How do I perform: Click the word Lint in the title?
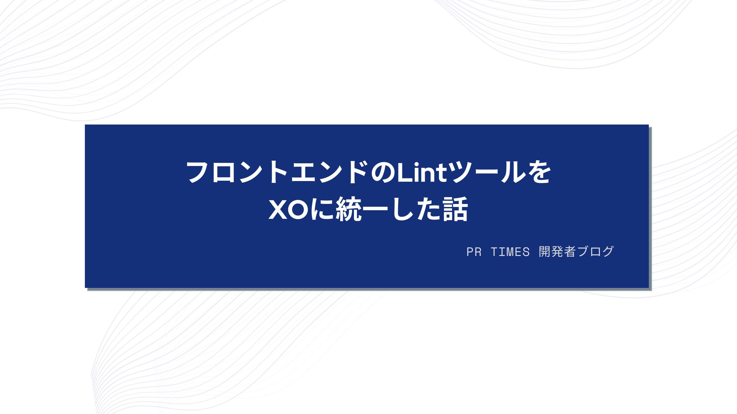[x=422, y=172]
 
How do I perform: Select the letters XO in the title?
[x=289, y=210]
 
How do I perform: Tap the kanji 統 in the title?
[x=349, y=209]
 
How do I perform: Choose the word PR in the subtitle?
[x=474, y=252]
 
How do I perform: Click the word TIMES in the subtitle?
[x=510, y=252]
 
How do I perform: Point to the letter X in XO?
[x=279, y=210]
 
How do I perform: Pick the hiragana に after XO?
[x=323, y=210]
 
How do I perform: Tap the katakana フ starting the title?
[x=198, y=172]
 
